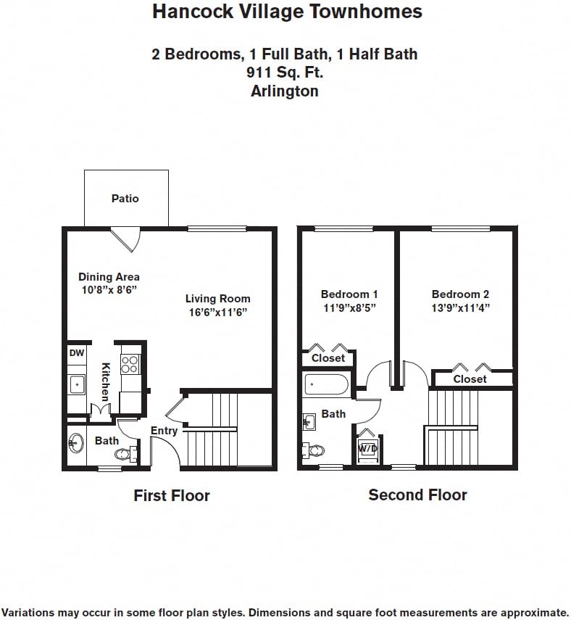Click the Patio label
coord(125,198)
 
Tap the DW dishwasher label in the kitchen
coord(76,353)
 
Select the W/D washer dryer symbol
coord(367,449)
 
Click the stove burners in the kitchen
coord(130,364)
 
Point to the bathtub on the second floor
coord(327,384)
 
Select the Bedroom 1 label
coord(349,294)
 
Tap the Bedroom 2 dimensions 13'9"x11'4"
coord(460,307)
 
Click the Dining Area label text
coord(109,276)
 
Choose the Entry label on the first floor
coord(164,431)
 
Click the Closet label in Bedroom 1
coord(328,358)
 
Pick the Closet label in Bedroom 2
coord(470,379)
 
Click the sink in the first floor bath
coord(77,443)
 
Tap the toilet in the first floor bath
coord(124,455)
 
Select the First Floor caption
coord(172,496)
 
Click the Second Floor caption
coord(417,495)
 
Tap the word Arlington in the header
coord(285,91)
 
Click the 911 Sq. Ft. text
coord(285,73)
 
